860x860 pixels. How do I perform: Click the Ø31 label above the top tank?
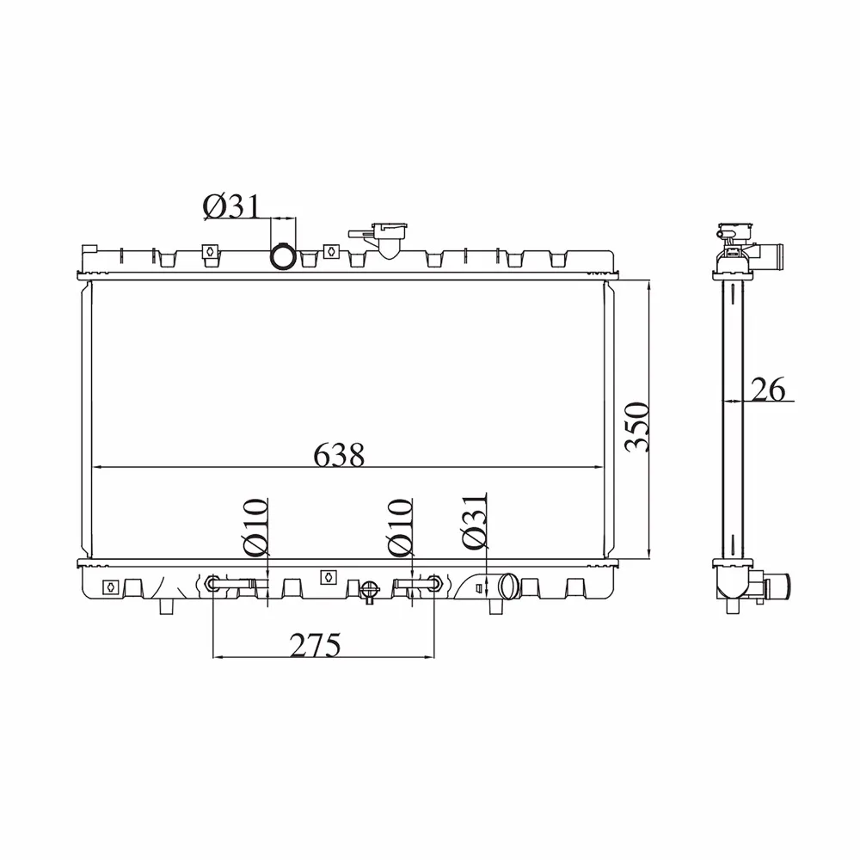coord(230,206)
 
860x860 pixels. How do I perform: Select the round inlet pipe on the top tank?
coord(284,256)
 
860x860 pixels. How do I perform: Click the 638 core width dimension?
coord(339,455)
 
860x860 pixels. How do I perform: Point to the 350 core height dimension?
coord(637,427)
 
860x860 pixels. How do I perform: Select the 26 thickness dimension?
coord(768,389)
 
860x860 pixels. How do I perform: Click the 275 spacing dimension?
coord(315,645)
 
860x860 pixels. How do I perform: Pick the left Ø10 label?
coord(255,526)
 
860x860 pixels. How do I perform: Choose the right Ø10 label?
coord(399,526)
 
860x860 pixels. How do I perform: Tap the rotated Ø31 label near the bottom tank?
coord(475,521)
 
